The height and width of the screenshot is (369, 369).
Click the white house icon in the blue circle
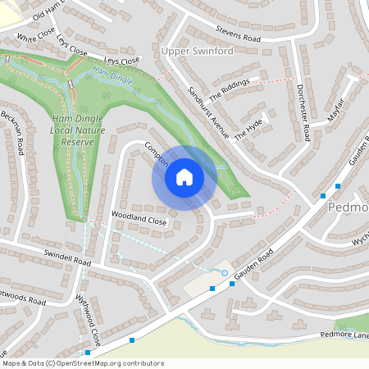(x=184, y=177)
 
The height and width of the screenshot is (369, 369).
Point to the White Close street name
(x=35, y=38)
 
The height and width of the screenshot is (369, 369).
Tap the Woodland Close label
(x=128, y=221)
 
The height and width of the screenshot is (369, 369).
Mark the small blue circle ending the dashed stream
(x=224, y=272)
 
